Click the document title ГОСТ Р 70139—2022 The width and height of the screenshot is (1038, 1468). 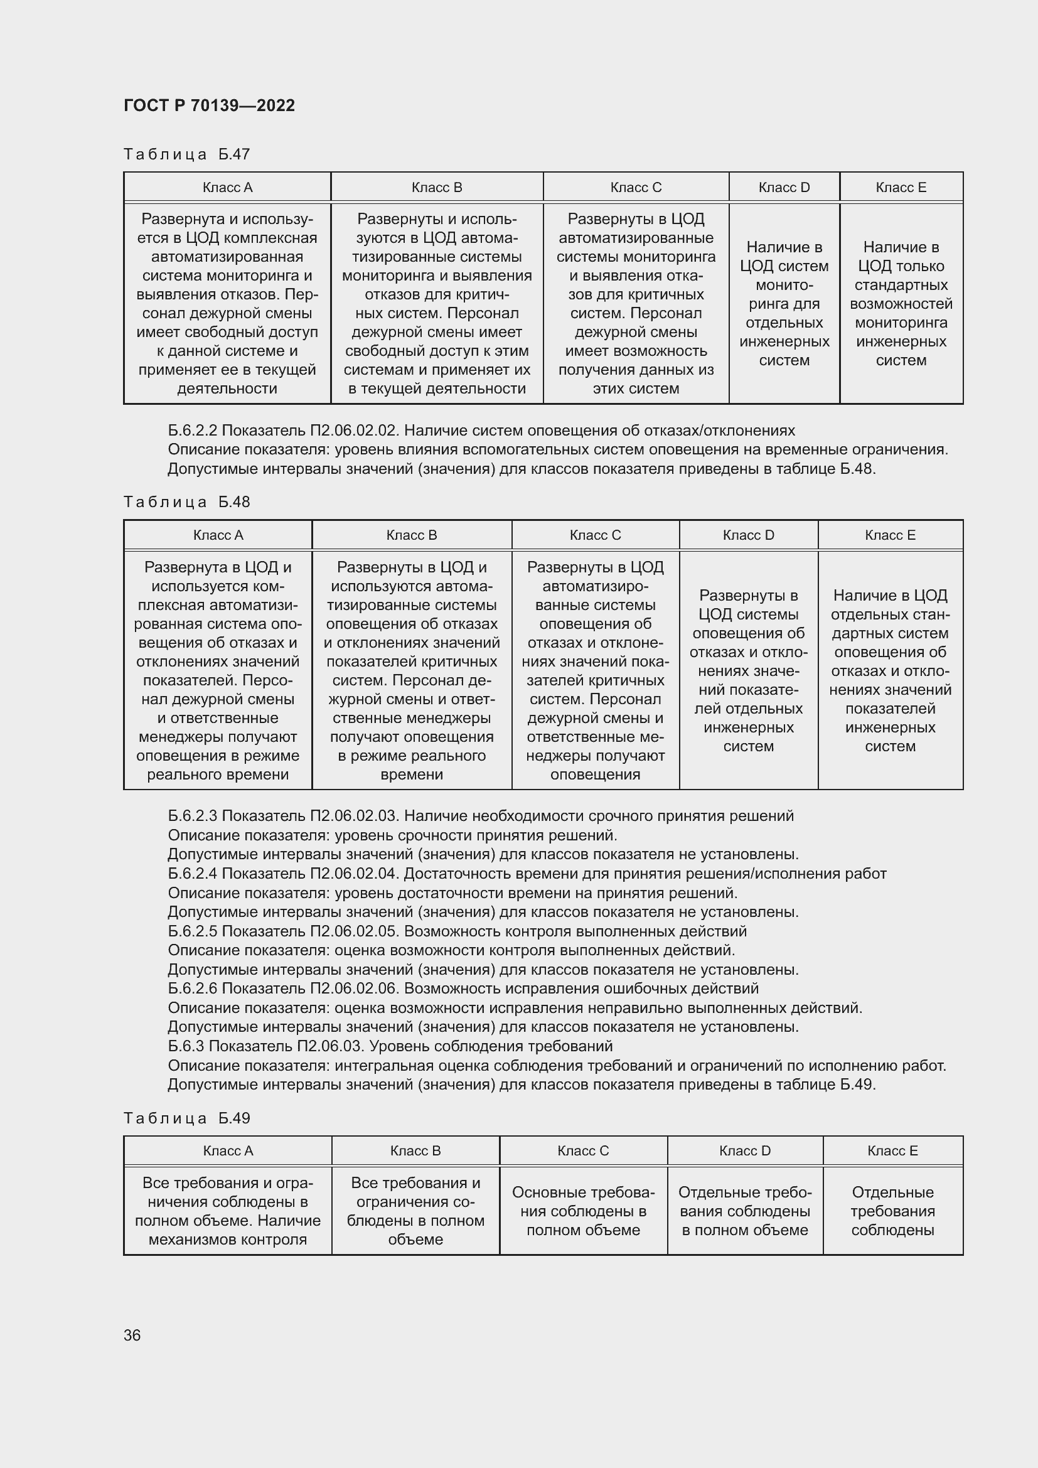[x=209, y=105]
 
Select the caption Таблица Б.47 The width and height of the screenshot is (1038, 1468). [x=186, y=154]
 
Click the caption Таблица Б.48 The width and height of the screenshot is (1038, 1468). [x=186, y=502]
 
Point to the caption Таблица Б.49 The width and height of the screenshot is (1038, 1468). [x=186, y=1118]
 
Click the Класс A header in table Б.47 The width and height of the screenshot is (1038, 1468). [x=228, y=187]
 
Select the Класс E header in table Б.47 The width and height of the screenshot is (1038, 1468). [x=901, y=187]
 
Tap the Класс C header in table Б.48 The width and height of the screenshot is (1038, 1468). [x=595, y=535]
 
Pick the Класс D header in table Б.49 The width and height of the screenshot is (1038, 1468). [x=745, y=1151]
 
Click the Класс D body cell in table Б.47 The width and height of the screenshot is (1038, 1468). [x=784, y=304]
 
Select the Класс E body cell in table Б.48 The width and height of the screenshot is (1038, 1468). [x=891, y=670]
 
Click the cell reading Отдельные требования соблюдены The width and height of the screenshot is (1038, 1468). [x=892, y=1211]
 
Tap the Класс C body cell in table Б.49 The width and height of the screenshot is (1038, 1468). [x=583, y=1211]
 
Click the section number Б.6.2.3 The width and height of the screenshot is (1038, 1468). [x=193, y=816]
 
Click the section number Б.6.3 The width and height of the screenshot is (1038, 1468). [x=186, y=1046]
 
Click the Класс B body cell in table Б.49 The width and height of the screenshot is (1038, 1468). [x=415, y=1211]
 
